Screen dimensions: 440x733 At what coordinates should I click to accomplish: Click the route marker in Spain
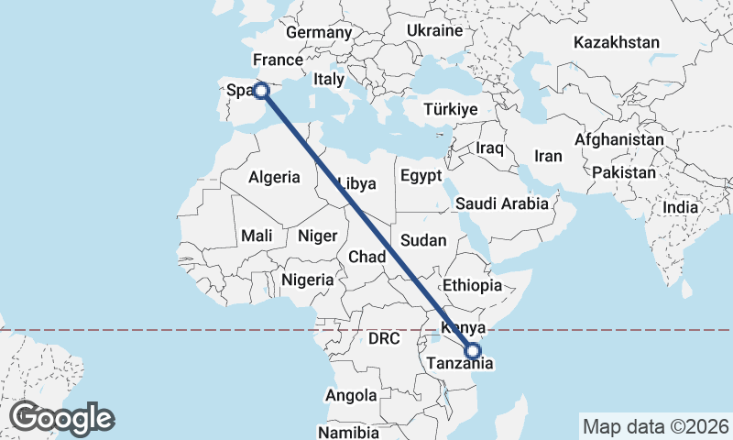tap(261, 90)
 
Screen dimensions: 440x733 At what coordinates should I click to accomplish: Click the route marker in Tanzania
tap(473, 350)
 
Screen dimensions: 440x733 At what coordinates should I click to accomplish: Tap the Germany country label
tap(319, 33)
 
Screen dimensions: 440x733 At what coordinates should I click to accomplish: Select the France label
tap(278, 60)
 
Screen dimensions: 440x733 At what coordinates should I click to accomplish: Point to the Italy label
tap(328, 80)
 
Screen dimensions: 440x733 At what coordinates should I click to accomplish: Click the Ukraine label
tap(434, 30)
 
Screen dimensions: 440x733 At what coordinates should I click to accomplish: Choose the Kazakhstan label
tap(617, 42)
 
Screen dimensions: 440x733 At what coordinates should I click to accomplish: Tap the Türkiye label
tap(451, 109)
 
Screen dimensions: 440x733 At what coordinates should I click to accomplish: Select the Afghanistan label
tap(619, 140)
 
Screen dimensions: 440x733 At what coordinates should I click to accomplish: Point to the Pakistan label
tap(624, 172)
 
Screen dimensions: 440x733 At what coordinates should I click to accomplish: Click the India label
tap(681, 208)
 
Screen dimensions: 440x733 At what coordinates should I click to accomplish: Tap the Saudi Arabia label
tap(501, 203)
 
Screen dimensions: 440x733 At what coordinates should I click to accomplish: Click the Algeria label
tap(274, 176)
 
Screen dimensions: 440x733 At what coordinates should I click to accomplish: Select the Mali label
tap(257, 236)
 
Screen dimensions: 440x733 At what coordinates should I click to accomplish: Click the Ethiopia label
tap(472, 285)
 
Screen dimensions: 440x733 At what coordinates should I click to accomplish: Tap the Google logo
tap(61, 418)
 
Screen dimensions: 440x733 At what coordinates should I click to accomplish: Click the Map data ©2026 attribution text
tap(656, 426)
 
